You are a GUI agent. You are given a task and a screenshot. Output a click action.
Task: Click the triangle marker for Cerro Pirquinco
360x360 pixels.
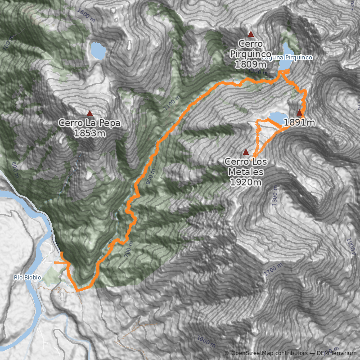click(x=251, y=34)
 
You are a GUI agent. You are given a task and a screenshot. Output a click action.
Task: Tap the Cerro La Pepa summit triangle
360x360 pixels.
click(x=90, y=113)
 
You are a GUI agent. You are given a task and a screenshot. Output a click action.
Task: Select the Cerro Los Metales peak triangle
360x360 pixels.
click(x=246, y=151)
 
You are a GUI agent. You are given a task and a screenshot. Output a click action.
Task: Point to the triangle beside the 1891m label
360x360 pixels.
click(x=300, y=113)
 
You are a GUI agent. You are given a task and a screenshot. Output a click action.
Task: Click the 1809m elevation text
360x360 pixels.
click(x=251, y=64)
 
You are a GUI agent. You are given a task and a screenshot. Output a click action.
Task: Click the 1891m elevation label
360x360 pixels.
click(x=299, y=122)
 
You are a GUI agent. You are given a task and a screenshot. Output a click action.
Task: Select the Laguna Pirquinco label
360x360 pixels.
click(x=287, y=58)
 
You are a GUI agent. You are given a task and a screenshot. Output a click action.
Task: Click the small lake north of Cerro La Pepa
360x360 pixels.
click(x=98, y=51)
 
